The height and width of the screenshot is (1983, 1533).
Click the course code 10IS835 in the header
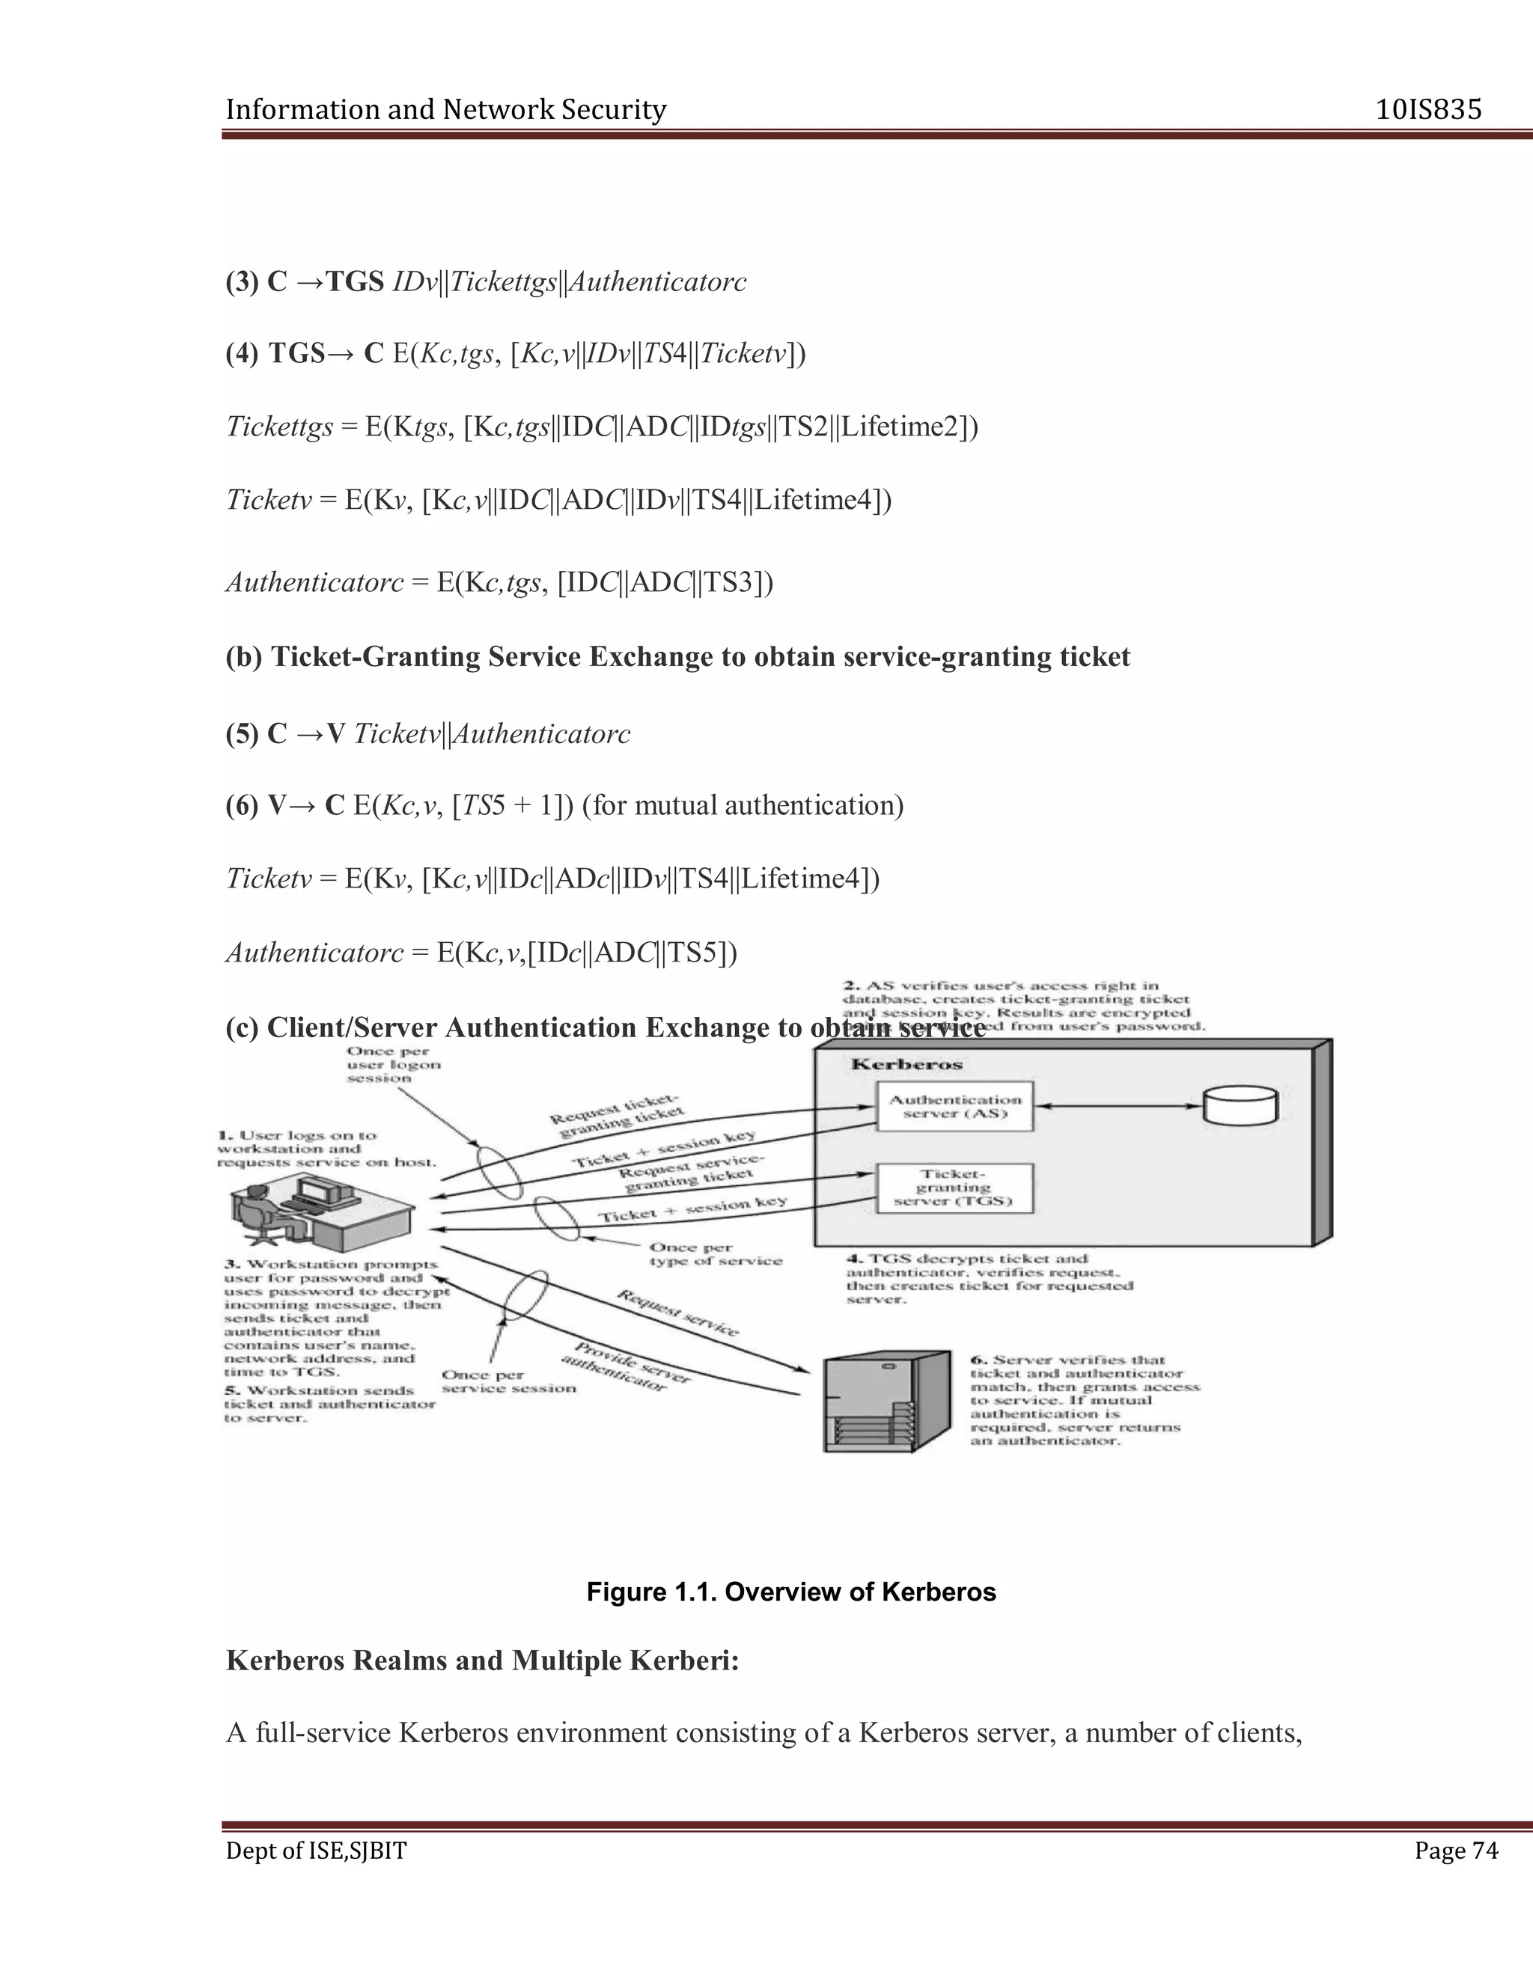[1427, 110]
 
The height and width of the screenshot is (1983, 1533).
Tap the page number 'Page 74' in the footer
[1456, 1851]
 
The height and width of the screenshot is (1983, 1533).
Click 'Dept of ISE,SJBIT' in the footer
[316, 1851]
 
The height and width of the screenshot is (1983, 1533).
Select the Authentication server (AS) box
[954, 1106]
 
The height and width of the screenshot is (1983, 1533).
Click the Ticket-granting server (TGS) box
[954, 1188]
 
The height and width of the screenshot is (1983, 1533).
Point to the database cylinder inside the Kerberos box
[1240, 1106]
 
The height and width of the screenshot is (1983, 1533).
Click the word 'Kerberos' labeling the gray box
[906, 1064]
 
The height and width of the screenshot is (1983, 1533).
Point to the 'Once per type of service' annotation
[716, 1254]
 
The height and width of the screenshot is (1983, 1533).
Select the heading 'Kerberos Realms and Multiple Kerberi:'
[482, 1660]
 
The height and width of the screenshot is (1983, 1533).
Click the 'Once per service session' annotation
[508, 1381]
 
